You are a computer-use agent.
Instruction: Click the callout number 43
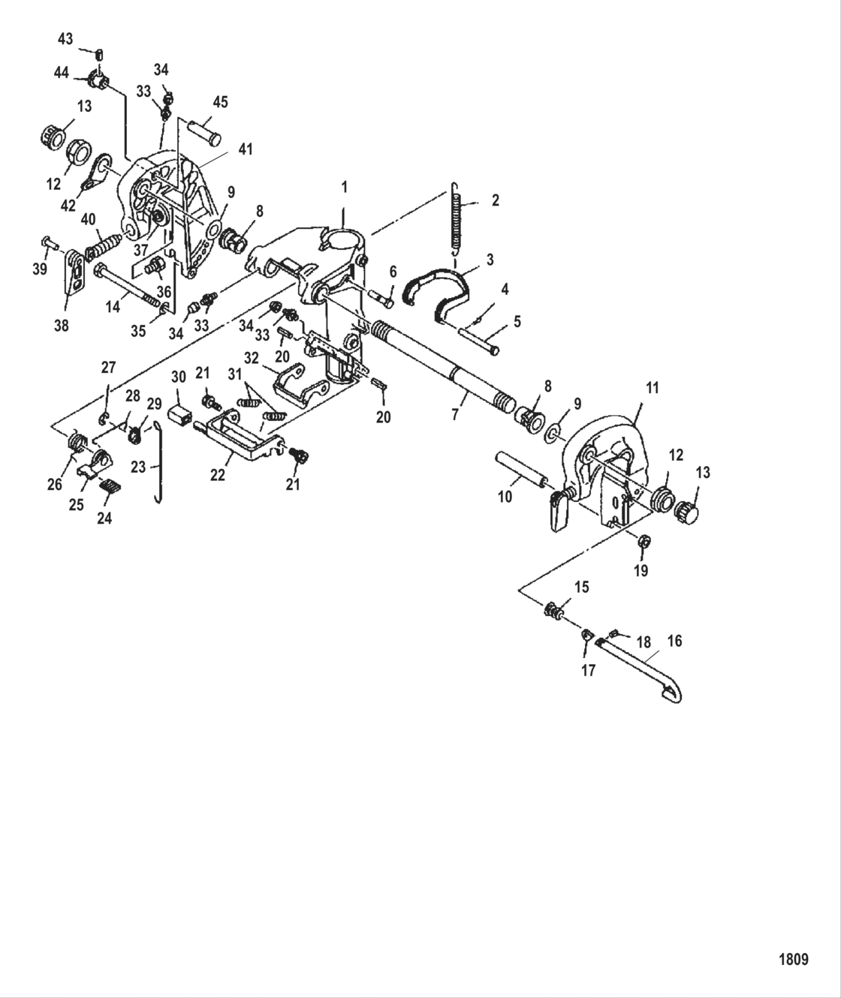[66, 38]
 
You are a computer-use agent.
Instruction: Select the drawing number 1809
[793, 959]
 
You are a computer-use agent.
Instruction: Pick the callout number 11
[652, 388]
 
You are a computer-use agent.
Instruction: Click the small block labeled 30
[179, 413]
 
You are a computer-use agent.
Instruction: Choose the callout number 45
[220, 103]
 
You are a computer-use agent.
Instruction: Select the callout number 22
[217, 475]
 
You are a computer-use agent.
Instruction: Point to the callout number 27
[110, 367]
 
